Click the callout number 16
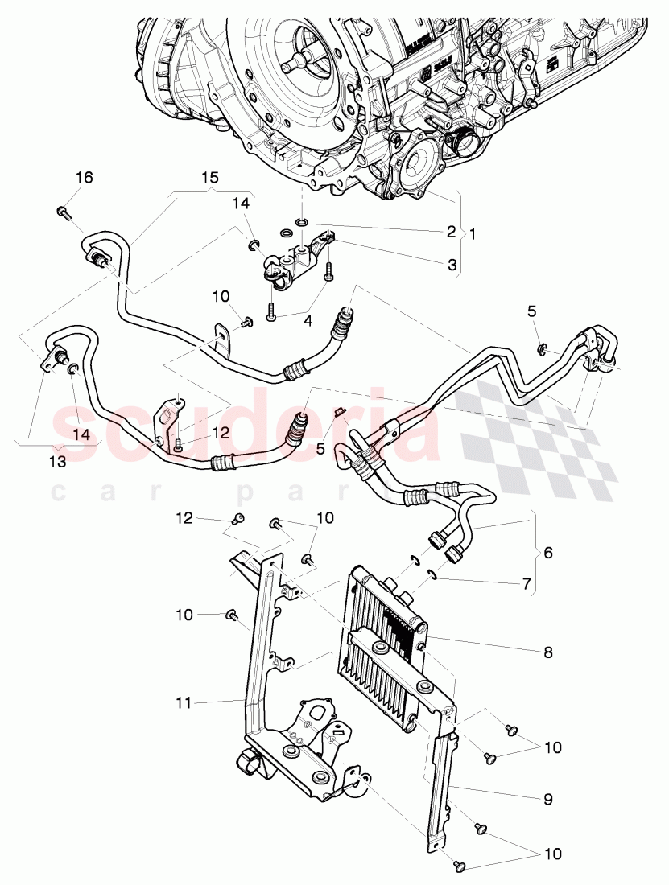click(x=85, y=178)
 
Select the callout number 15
click(x=210, y=176)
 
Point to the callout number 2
click(x=452, y=230)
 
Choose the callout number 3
click(x=452, y=264)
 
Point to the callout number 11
click(x=184, y=703)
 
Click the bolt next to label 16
click(x=63, y=212)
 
